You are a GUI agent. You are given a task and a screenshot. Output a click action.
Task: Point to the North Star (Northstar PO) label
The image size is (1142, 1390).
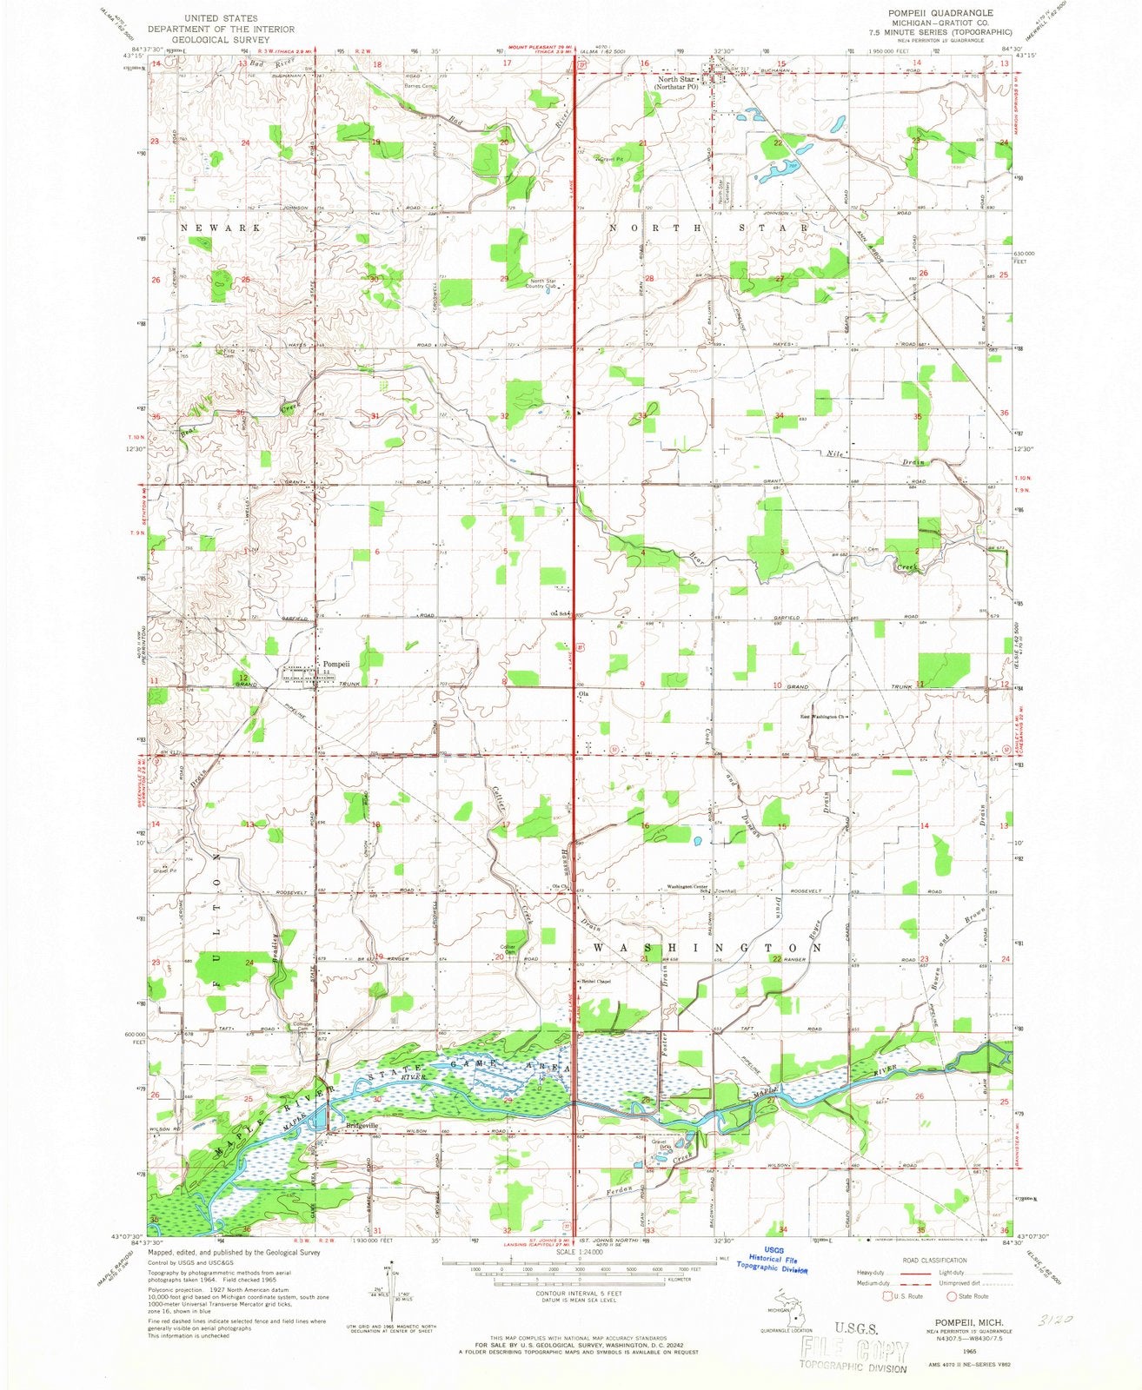tap(679, 83)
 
